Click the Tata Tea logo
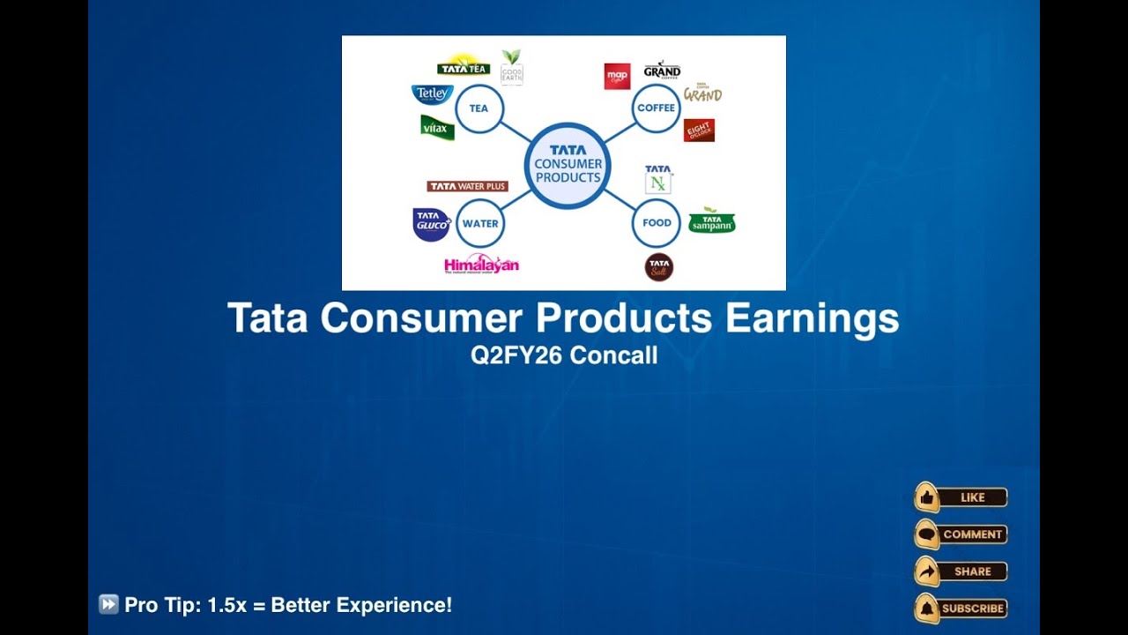click(464, 67)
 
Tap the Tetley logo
click(432, 94)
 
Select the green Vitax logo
click(437, 128)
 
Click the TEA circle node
click(479, 109)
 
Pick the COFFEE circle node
click(656, 108)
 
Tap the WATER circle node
click(480, 223)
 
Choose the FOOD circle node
click(657, 223)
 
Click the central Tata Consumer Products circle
click(568, 165)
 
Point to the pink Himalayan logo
click(481, 265)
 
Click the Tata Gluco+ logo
click(432, 224)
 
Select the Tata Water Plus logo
click(467, 186)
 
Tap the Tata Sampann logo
click(711, 221)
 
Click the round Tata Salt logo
click(659, 266)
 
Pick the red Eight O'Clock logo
click(699, 131)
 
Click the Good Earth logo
click(511, 68)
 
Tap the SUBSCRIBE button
click(961, 609)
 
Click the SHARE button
click(961, 571)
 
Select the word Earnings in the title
click(812, 318)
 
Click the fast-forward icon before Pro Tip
click(108, 605)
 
